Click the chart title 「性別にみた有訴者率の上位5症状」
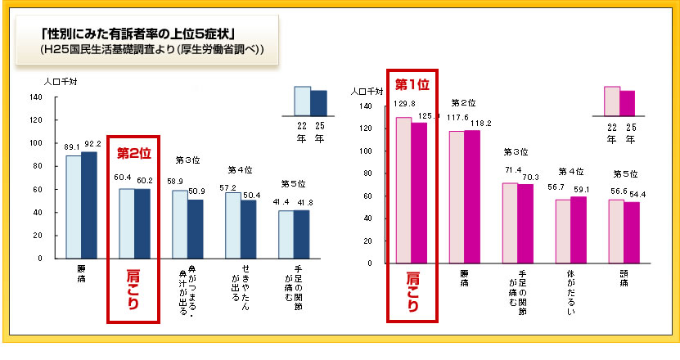click(x=139, y=34)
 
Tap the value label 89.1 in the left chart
click(x=72, y=146)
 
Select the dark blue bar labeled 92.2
click(x=88, y=205)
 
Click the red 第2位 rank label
click(x=134, y=153)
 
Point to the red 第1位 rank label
click(x=412, y=83)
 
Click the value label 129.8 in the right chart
click(x=404, y=104)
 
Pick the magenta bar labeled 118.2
click(x=472, y=196)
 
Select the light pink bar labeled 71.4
click(x=510, y=223)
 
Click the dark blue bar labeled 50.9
click(x=195, y=228)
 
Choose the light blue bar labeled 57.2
click(x=233, y=225)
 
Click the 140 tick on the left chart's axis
click(x=36, y=97)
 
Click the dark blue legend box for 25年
click(x=318, y=103)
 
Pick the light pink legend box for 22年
click(x=612, y=101)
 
